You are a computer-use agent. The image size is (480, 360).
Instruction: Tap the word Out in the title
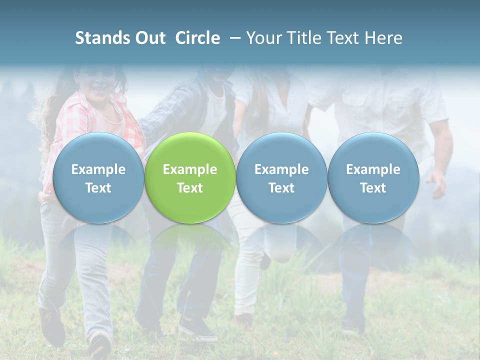[150, 38]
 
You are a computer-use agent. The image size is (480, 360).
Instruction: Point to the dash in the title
[233, 38]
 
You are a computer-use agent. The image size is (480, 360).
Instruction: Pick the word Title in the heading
[302, 38]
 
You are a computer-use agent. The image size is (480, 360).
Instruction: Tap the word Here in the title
[383, 38]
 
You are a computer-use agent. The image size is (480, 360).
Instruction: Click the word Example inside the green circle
[190, 169]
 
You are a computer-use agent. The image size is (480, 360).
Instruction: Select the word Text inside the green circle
[190, 188]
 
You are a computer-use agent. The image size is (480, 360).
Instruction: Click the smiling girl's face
[98, 82]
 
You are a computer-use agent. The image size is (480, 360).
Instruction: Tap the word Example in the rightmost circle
[373, 169]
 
